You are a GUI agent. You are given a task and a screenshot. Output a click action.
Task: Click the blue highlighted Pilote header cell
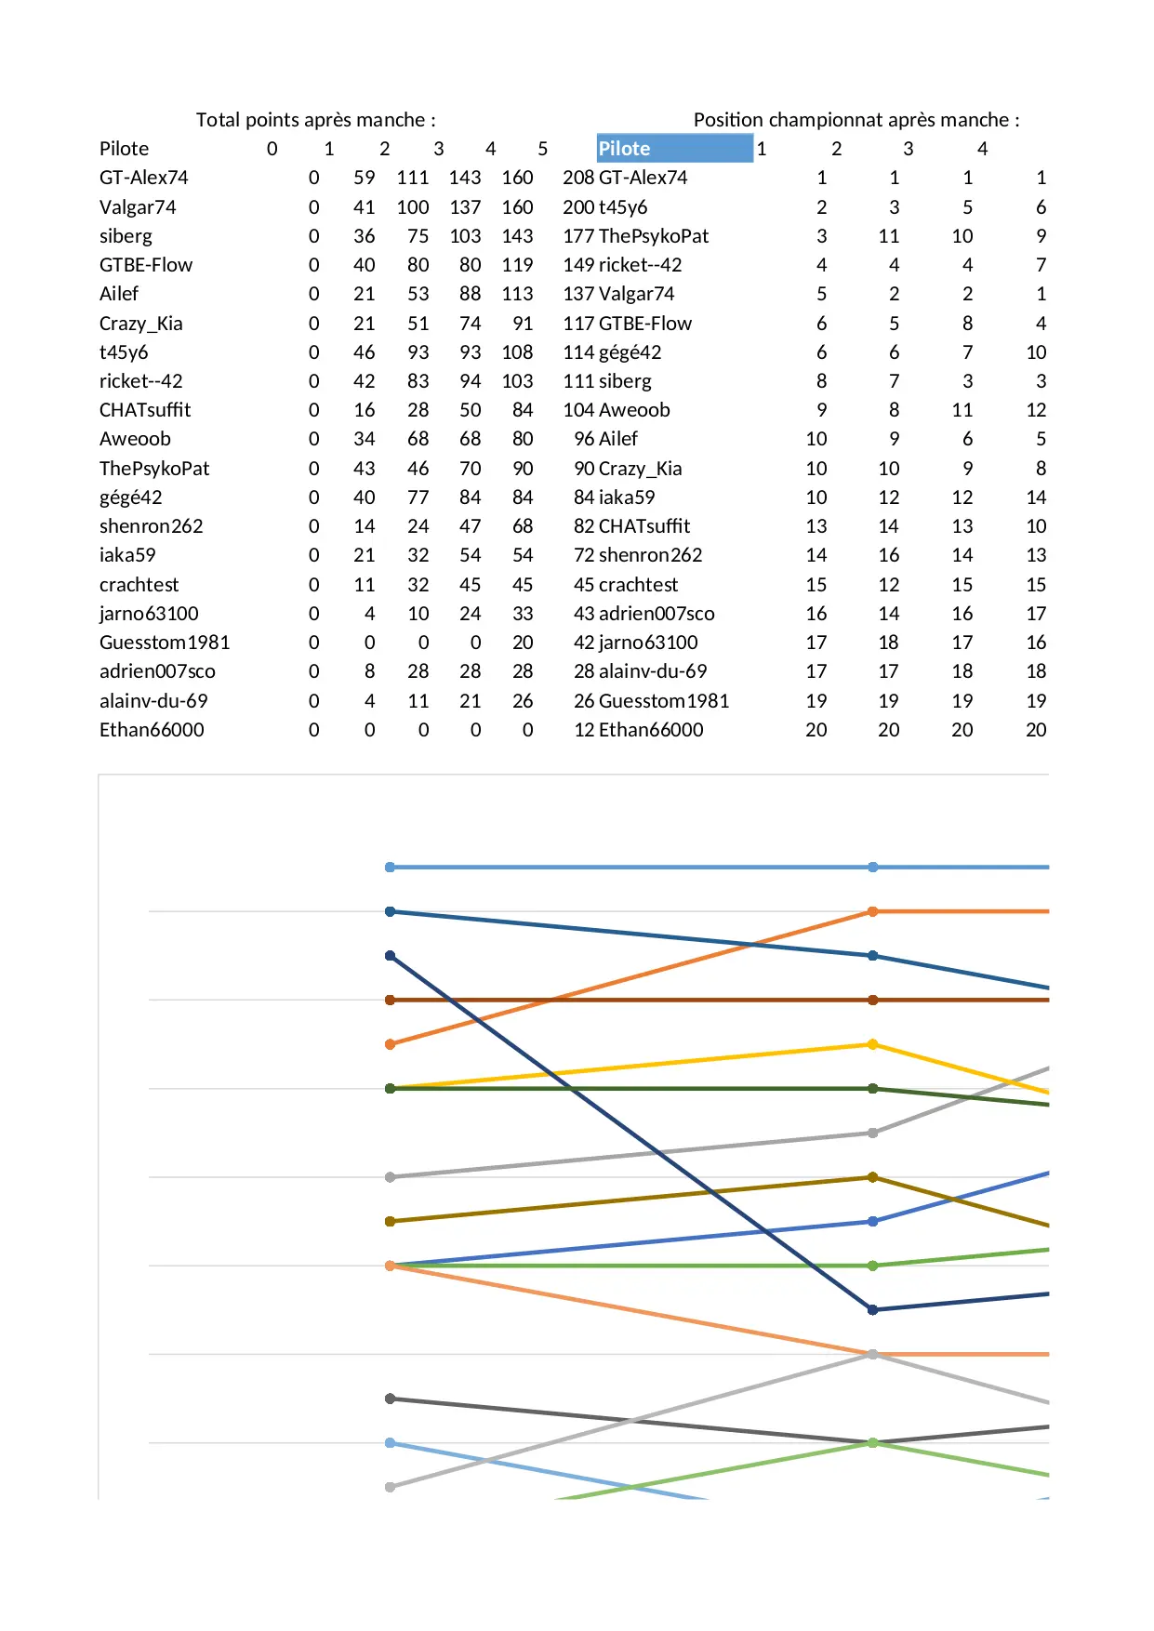(x=674, y=149)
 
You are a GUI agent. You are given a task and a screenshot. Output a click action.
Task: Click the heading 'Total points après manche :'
(x=315, y=120)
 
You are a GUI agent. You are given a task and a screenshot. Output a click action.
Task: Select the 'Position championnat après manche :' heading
(x=856, y=120)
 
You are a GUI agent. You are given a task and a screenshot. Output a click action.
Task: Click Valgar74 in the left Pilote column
(x=138, y=207)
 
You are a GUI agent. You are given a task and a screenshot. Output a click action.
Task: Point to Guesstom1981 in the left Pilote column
(x=164, y=643)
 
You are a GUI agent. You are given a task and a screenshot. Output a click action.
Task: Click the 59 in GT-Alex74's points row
(x=364, y=178)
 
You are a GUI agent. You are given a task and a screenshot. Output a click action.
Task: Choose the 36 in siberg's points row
(x=364, y=236)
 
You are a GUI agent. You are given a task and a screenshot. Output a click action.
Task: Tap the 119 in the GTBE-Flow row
(x=517, y=265)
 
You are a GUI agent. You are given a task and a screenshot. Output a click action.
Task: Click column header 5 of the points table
(x=542, y=149)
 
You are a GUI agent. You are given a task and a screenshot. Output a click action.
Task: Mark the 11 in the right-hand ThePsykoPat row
(x=888, y=236)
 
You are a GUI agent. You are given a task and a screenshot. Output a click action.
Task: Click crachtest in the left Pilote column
(x=139, y=585)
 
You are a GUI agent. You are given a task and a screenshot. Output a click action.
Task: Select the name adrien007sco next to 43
(x=657, y=614)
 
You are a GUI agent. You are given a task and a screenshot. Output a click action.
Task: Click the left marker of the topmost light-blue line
(x=391, y=867)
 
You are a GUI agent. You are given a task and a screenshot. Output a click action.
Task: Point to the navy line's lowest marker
(x=872, y=1309)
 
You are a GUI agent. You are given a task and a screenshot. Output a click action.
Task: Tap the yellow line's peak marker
(x=872, y=1044)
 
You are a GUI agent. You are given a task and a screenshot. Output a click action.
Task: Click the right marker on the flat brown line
(x=872, y=1000)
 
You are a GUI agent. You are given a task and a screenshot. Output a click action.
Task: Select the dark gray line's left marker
(x=391, y=1399)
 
